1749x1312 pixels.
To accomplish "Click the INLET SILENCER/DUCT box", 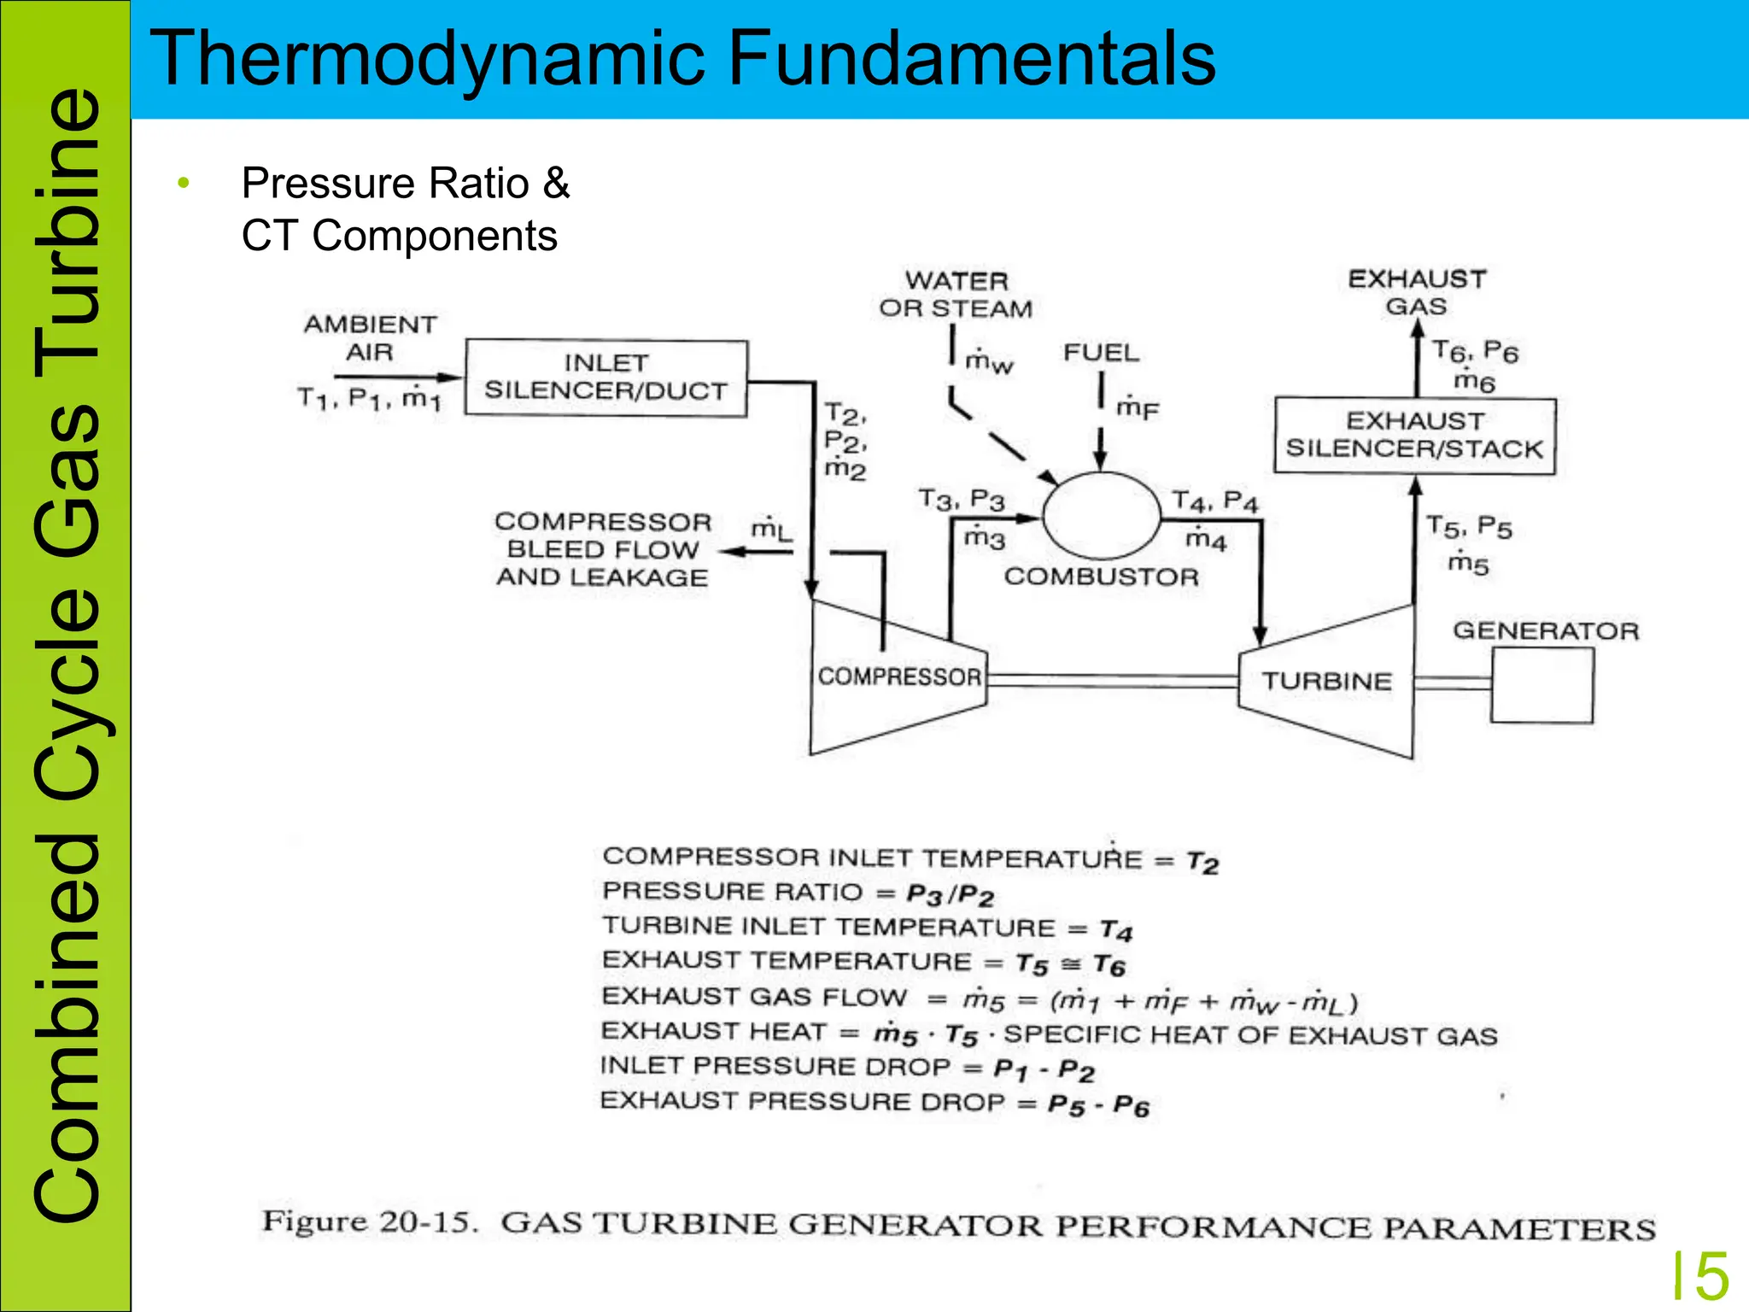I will click(605, 378).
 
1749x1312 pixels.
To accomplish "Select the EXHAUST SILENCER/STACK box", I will click(1414, 436).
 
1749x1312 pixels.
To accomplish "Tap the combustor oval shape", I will click(1102, 516).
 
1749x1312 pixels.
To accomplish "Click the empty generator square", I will click(1542, 685).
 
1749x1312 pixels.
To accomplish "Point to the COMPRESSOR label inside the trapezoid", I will click(899, 677).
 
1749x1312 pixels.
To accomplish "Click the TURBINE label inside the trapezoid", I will click(1327, 682).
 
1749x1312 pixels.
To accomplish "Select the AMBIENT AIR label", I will click(370, 338).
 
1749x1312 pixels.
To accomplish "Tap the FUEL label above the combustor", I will click(1101, 353).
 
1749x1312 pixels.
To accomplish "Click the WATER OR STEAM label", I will click(956, 295).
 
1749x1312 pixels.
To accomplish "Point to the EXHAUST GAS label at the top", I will click(1417, 292).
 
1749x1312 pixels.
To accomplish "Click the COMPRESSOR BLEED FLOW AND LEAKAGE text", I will click(602, 549).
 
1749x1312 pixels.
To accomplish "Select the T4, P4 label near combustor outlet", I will click(1214, 501).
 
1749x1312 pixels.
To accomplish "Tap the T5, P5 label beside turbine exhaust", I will click(1469, 526).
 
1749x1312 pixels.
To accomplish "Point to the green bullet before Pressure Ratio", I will click(183, 183).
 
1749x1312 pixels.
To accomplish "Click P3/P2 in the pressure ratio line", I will click(951, 895).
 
